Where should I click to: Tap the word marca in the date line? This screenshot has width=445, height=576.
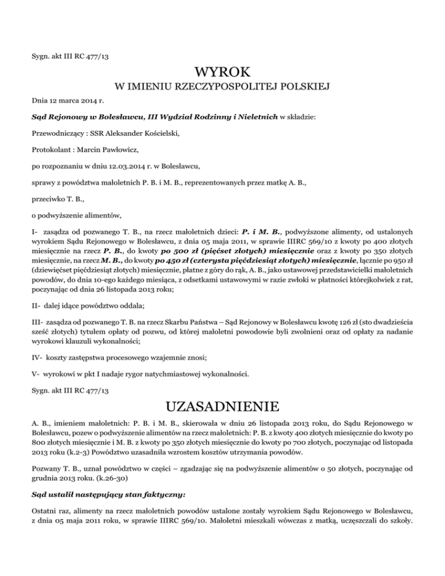pos(68,101)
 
